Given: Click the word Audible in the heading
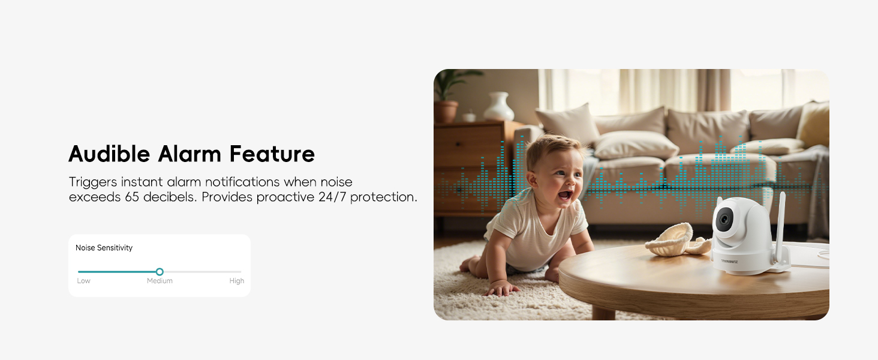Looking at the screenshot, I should [x=109, y=154].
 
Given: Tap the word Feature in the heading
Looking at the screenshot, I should [x=272, y=154].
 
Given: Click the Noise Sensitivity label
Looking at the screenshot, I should [x=104, y=248].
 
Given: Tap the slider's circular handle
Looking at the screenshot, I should [x=160, y=272].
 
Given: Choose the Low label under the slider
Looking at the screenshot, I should [x=83, y=281].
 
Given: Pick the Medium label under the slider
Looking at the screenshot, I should [x=160, y=281].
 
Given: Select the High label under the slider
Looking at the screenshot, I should [x=237, y=281].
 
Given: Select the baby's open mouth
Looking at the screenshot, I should [x=564, y=195].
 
